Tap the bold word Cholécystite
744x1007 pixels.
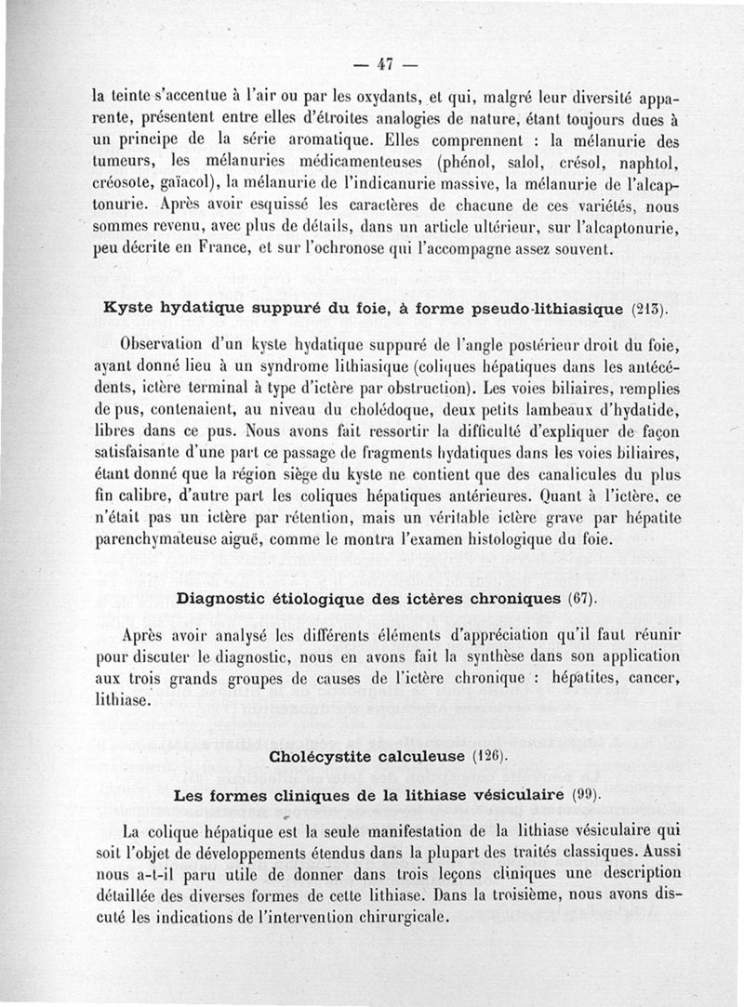(x=325, y=756)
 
